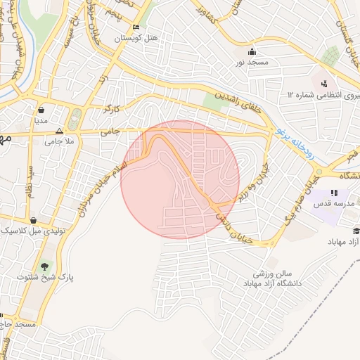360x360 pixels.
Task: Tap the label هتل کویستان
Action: point(138,37)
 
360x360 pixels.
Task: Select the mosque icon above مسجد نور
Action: point(252,52)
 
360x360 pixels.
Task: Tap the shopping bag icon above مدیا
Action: point(41,110)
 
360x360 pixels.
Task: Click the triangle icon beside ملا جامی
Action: point(59,131)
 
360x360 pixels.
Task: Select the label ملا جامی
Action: point(60,141)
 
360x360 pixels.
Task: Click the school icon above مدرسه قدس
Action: point(335,193)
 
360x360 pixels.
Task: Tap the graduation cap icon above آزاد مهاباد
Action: point(356,231)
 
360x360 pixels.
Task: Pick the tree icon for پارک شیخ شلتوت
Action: point(46,266)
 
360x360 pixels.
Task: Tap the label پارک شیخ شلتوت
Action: point(46,277)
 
